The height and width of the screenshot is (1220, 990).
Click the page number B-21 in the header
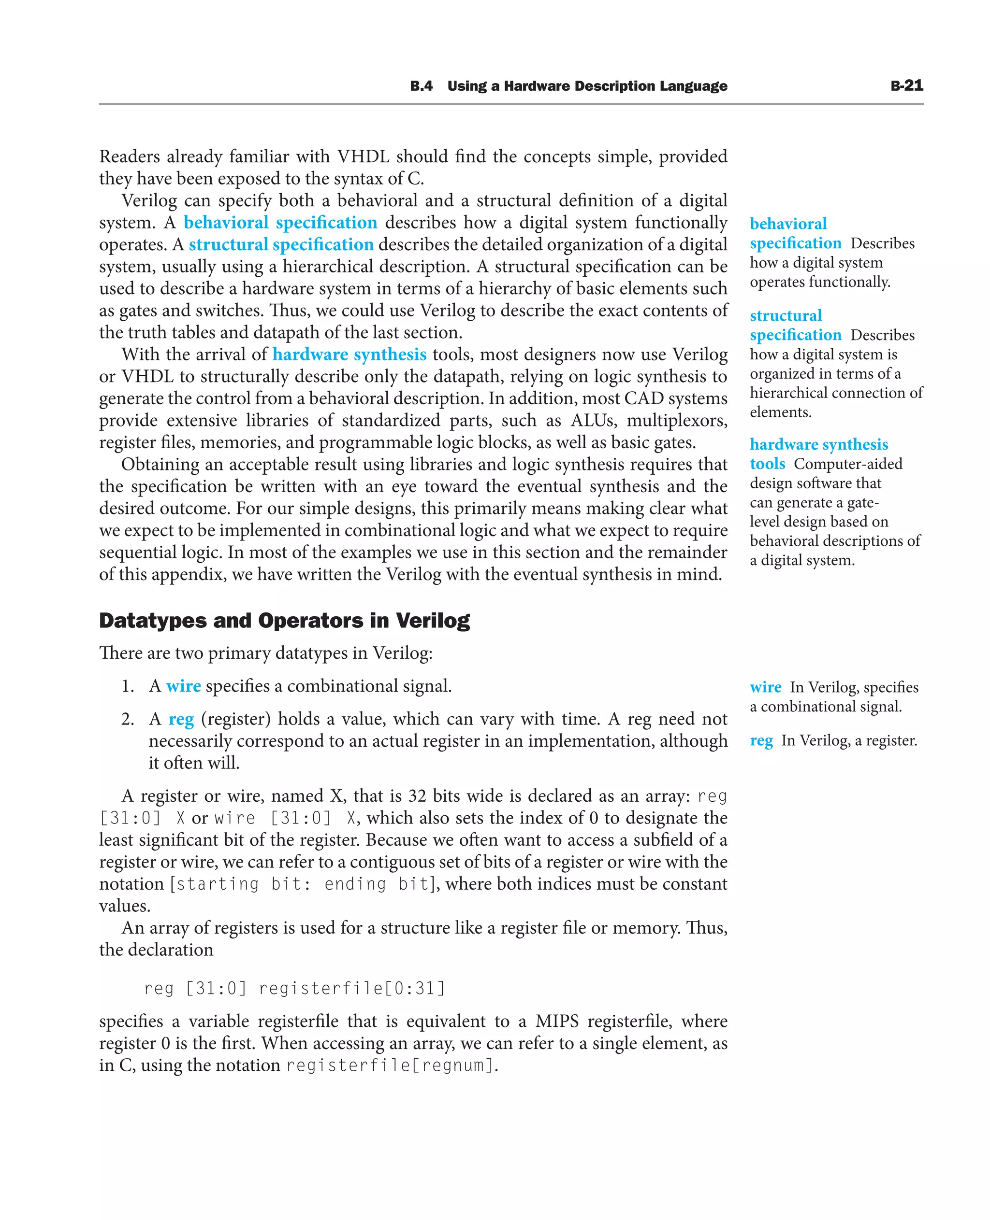coord(906,85)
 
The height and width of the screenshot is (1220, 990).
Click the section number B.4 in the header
coord(421,86)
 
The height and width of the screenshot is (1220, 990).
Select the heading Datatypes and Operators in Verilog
coord(284,620)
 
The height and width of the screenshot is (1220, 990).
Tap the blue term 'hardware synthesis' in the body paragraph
coord(349,355)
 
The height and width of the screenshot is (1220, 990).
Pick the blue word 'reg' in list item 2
coord(181,719)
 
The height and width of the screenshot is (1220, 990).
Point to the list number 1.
coord(127,686)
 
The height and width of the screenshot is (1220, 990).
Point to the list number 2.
coord(127,719)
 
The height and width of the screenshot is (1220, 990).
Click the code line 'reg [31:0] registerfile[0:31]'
coord(294,988)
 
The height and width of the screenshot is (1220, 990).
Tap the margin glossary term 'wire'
coord(765,687)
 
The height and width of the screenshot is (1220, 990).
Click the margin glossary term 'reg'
coord(761,740)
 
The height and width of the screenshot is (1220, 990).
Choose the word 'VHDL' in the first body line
coord(363,156)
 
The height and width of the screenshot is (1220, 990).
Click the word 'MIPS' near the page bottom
coord(556,1021)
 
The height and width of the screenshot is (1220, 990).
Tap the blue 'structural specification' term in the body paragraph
coord(281,244)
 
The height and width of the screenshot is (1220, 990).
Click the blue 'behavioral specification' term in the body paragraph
coord(280,222)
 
